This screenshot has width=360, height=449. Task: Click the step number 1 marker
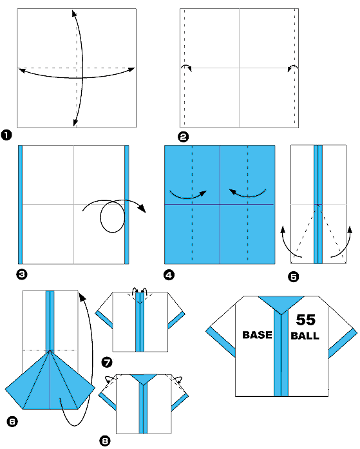tap(6, 135)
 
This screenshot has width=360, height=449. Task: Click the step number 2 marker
tap(183, 137)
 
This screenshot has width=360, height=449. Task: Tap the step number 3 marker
tap(22, 274)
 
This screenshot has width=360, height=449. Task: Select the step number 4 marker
tap(169, 274)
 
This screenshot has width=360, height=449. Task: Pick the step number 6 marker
tap(12, 421)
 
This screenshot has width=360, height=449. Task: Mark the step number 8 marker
tap(106, 441)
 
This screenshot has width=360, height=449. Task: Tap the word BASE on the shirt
tap(256, 336)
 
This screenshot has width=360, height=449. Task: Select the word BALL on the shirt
tap(305, 336)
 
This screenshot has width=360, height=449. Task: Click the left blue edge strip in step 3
tap(21, 204)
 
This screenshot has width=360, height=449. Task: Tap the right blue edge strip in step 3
tap(127, 204)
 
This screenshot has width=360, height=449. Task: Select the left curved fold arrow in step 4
tap(187, 192)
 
